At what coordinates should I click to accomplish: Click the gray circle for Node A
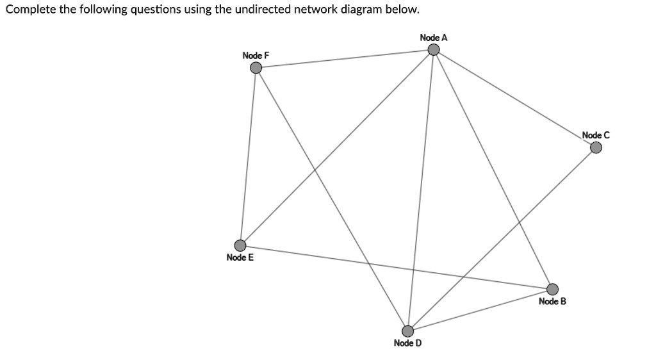point(434,50)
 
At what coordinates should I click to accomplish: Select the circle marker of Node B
point(552,290)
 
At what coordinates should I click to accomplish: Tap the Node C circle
point(596,148)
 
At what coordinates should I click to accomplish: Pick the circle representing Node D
point(407,331)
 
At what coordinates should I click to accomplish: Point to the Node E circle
point(240,245)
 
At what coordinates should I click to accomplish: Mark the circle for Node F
point(256,68)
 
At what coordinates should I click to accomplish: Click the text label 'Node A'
point(434,38)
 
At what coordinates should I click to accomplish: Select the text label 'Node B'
point(552,301)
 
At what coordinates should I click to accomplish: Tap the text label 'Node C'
point(596,135)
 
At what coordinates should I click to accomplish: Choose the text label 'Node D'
point(407,343)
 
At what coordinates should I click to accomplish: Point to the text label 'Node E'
point(240,258)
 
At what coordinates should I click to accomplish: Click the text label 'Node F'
point(256,56)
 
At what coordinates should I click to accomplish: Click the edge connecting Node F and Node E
point(248,157)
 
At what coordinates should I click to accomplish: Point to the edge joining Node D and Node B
point(480,310)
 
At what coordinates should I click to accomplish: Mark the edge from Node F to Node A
point(345,59)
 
